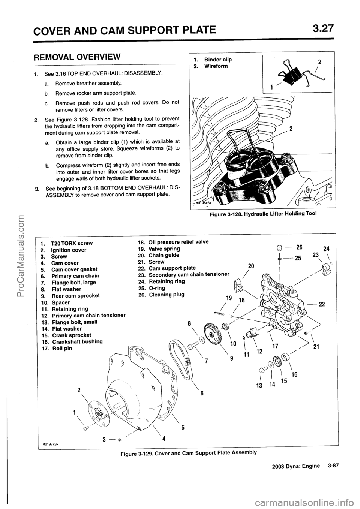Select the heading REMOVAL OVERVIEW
coord(77,57)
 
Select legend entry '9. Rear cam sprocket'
coord(70,295)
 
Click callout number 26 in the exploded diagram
coord(299,247)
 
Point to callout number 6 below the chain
coord(201,393)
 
